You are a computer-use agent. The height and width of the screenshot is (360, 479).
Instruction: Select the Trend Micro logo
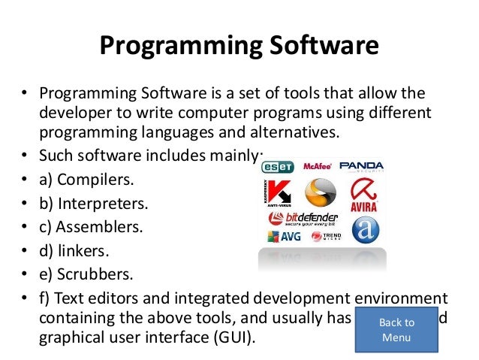click(325, 237)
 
